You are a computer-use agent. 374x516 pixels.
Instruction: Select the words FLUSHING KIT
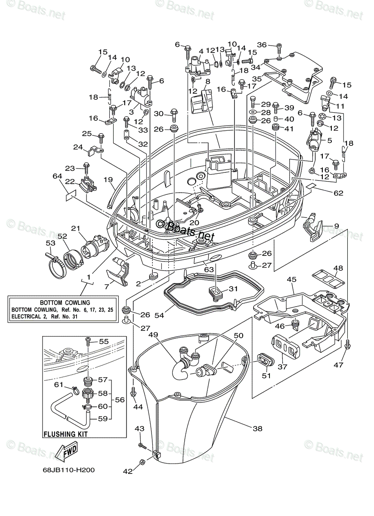coord(65,434)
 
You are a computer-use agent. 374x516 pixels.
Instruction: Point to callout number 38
coord(257,428)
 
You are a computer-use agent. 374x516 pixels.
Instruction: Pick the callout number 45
coord(291,280)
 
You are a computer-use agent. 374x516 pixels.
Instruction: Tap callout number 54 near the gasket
coord(160,316)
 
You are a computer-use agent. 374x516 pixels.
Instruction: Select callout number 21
coord(76,228)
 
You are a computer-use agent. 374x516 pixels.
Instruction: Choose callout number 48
coord(338,268)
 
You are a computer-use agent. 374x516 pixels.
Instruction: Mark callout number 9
coord(336,226)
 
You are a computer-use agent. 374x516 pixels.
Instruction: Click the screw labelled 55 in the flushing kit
coord(88,341)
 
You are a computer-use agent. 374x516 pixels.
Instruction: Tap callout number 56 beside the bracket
coord(120,399)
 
